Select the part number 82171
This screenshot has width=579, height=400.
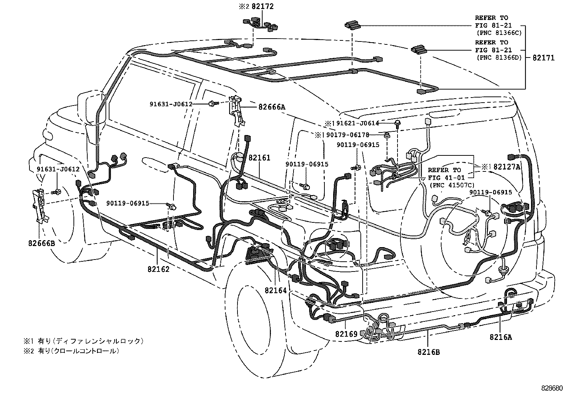544,58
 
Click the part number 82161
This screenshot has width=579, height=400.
260,158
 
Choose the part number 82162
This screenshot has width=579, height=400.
159,269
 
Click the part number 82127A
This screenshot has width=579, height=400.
507,167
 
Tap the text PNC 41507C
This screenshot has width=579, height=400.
452,185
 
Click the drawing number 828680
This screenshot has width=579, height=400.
552,388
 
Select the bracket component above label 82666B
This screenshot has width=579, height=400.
40,206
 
